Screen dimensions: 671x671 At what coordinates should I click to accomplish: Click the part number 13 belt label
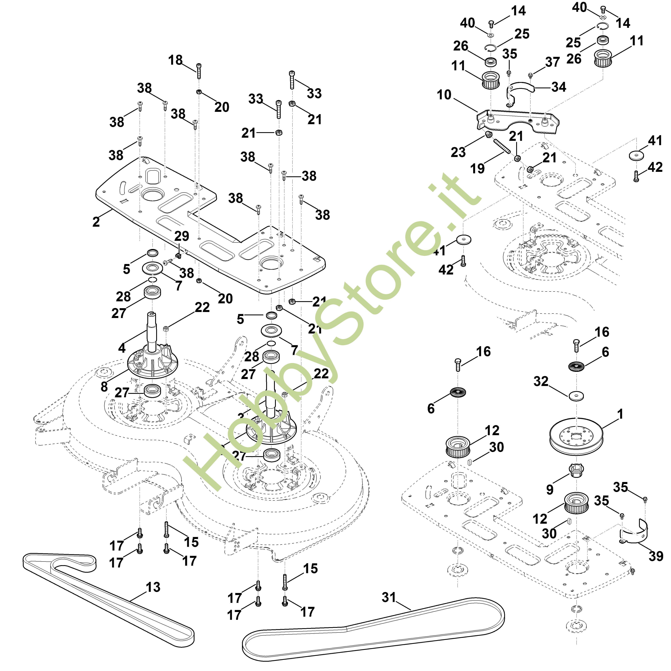click(x=153, y=587)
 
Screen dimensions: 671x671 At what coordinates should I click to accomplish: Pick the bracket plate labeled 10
click(x=517, y=121)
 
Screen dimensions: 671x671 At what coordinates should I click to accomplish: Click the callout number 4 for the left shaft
click(x=121, y=348)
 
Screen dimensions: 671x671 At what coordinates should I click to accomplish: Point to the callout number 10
click(x=444, y=94)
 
